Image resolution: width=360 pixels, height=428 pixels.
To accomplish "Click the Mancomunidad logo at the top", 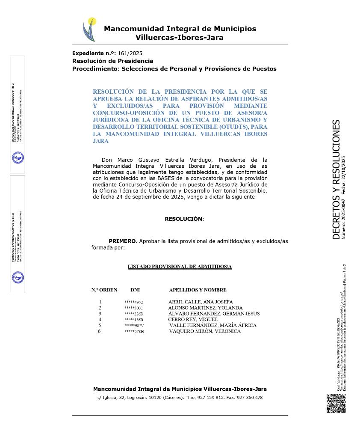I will [89, 29].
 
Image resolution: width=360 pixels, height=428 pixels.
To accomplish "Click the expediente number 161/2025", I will [130, 53].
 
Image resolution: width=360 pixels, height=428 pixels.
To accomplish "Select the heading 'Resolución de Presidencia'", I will [112, 61].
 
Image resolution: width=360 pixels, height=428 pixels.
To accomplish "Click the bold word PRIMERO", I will [123, 241].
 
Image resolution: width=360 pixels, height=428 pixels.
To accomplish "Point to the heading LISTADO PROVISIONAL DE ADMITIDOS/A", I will [180, 267].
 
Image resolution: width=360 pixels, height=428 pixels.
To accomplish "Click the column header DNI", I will [135, 290].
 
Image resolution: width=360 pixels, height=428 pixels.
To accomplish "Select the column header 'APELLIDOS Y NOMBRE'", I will [198, 290].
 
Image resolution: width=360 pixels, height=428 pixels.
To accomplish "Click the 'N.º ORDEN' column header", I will [104, 290].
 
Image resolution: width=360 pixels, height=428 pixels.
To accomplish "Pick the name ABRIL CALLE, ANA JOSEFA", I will [200, 302].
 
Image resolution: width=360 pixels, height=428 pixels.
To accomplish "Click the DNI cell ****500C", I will [134, 308].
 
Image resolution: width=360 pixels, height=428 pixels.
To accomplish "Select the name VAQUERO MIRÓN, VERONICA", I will [205, 331].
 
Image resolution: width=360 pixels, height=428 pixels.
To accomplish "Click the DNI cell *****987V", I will [134, 326].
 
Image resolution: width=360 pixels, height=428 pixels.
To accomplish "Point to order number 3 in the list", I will [100, 314].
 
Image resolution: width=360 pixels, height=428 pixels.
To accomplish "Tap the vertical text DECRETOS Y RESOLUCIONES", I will [336, 180].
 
